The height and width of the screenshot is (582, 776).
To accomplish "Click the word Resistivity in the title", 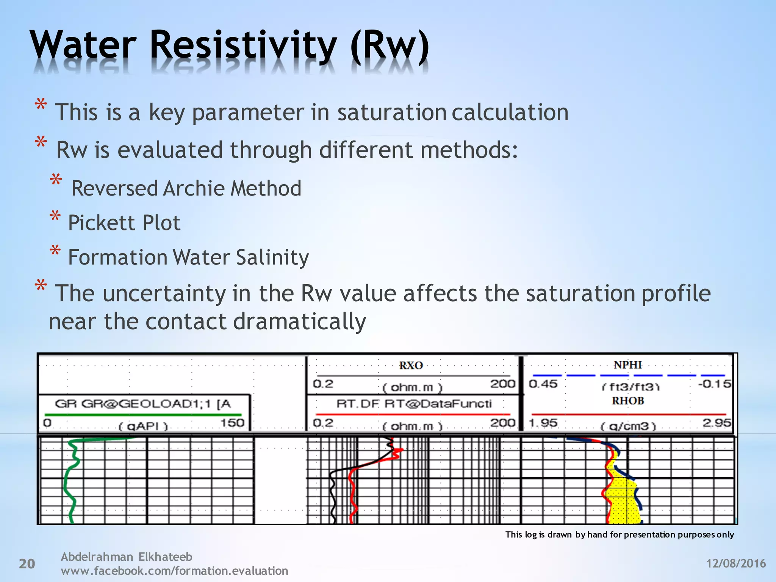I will pyautogui.click(x=242, y=46).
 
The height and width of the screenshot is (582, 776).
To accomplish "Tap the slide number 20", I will pyautogui.click(x=27, y=564).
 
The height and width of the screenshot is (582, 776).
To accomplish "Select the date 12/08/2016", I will pyautogui.click(x=736, y=563).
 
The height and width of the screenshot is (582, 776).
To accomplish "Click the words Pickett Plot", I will pyautogui.click(x=124, y=223).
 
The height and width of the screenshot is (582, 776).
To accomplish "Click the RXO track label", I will pyautogui.click(x=411, y=366).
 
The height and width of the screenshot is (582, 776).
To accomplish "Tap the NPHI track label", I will pyautogui.click(x=628, y=365).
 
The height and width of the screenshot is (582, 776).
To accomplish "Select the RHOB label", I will pyautogui.click(x=628, y=401).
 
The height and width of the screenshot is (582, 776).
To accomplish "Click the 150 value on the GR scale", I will pyautogui.click(x=232, y=422).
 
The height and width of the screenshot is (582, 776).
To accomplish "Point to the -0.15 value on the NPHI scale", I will pyautogui.click(x=714, y=384).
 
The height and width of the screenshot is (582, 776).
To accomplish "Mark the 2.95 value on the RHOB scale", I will pyautogui.click(x=717, y=422).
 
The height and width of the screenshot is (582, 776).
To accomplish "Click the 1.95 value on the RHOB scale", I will pyautogui.click(x=543, y=422).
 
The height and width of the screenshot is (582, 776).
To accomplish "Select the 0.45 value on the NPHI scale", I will pyautogui.click(x=543, y=384).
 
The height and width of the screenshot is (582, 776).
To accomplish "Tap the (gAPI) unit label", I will pyautogui.click(x=143, y=426).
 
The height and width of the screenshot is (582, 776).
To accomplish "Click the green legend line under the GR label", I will pyautogui.click(x=143, y=415).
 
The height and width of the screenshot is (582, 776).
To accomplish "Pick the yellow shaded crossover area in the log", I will pyautogui.click(x=623, y=500).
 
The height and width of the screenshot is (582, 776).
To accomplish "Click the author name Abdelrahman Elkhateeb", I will pyautogui.click(x=127, y=557).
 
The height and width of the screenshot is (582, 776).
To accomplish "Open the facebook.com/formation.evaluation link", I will pyautogui.click(x=174, y=571).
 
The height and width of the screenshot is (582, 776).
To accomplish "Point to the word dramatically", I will pyautogui.click(x=299, y=322).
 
